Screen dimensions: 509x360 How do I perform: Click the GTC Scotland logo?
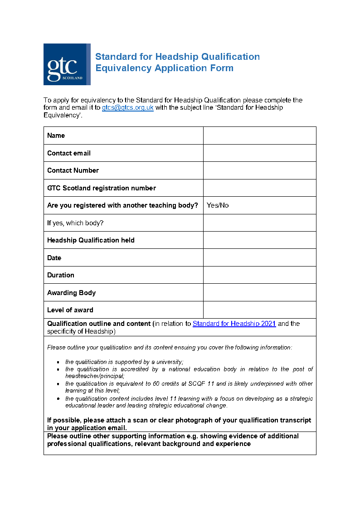click(x=67, y=64)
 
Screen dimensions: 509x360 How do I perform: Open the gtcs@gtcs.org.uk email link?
click(x=127, y=108)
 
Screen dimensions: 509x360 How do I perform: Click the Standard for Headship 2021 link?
click(x=234, y=324)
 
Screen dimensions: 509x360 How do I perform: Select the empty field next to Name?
click(x=259, y=136)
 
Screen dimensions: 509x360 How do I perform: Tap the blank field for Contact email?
click(x=259, y=153)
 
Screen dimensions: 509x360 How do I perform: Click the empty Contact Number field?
click(x=259, y=170)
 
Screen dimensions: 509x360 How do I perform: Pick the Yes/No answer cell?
click(x=218, y=205)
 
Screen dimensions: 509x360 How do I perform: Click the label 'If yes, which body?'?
click(x=75, y=223)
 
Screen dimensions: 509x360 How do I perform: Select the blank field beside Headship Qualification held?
click(x=259, y=240)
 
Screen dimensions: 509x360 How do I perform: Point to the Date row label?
click(x=54, y=258)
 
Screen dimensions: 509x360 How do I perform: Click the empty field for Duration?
click(x=259, y=275)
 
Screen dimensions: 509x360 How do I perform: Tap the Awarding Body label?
click(x=71, y=293)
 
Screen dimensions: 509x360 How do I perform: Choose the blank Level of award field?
click(x=259, y=310)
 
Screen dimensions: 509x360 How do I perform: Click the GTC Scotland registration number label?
click(x=101, y=188)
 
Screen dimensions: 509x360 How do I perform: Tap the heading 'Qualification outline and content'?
click(x=99, y=324)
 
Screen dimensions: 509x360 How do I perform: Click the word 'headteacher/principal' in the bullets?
click(x=94, y=376)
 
